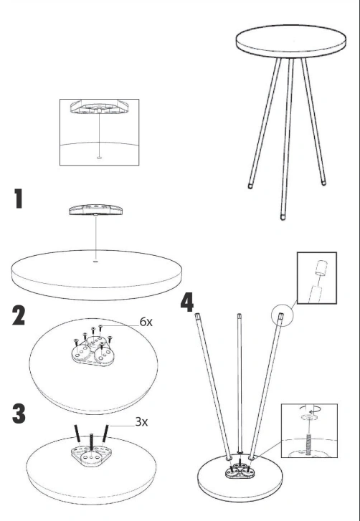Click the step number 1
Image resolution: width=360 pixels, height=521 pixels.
pos(19,199)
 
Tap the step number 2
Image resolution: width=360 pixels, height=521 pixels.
pos(19,315)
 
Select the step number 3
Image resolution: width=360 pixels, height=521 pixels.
pos(19,414)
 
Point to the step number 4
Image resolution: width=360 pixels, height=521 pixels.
pos(187,302)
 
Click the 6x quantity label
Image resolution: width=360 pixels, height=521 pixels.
pos(146,322)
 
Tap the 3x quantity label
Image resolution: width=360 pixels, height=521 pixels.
pos(141,421)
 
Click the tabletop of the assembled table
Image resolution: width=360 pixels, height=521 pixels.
pos(291,41)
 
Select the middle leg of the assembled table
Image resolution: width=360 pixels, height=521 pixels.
pos(287,138)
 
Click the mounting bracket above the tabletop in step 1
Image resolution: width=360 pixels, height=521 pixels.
pos(95,210)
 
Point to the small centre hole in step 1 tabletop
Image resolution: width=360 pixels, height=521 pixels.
pos(95,262)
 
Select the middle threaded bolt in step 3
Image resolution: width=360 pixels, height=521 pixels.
pos(91,441)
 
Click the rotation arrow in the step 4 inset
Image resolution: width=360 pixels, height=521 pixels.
pos(309,408)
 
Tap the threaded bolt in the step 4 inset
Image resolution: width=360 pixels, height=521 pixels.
pos(309,444)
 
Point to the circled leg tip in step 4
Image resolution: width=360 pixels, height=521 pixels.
pos(281,315)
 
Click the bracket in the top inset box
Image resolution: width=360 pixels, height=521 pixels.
pos(99,107)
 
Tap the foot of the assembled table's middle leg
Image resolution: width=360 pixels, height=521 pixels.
pos(283,217)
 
